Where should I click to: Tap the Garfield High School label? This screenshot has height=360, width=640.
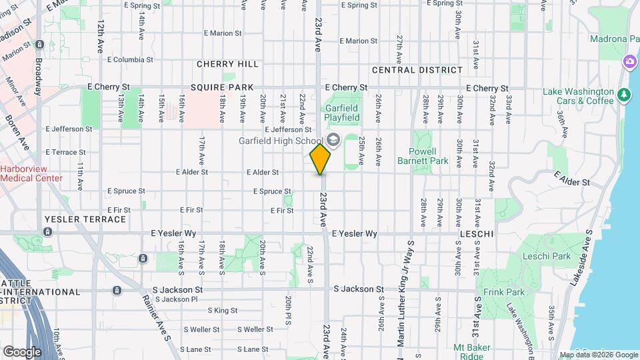281,141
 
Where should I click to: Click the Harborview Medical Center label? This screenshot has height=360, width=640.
31,173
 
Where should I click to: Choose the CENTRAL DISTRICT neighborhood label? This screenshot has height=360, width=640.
417,70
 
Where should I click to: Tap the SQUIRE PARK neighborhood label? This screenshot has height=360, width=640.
221,87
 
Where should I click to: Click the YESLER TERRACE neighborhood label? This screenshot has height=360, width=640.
85,219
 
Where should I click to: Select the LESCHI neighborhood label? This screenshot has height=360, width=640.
476,235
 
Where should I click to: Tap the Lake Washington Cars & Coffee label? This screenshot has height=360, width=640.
577,96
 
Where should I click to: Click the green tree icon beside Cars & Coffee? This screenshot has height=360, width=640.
624,95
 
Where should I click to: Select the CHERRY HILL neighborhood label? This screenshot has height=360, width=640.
227,64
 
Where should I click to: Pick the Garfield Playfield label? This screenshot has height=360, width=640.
341,113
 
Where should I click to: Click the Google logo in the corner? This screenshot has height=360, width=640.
22,351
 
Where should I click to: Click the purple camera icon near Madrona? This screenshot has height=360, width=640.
629,62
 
